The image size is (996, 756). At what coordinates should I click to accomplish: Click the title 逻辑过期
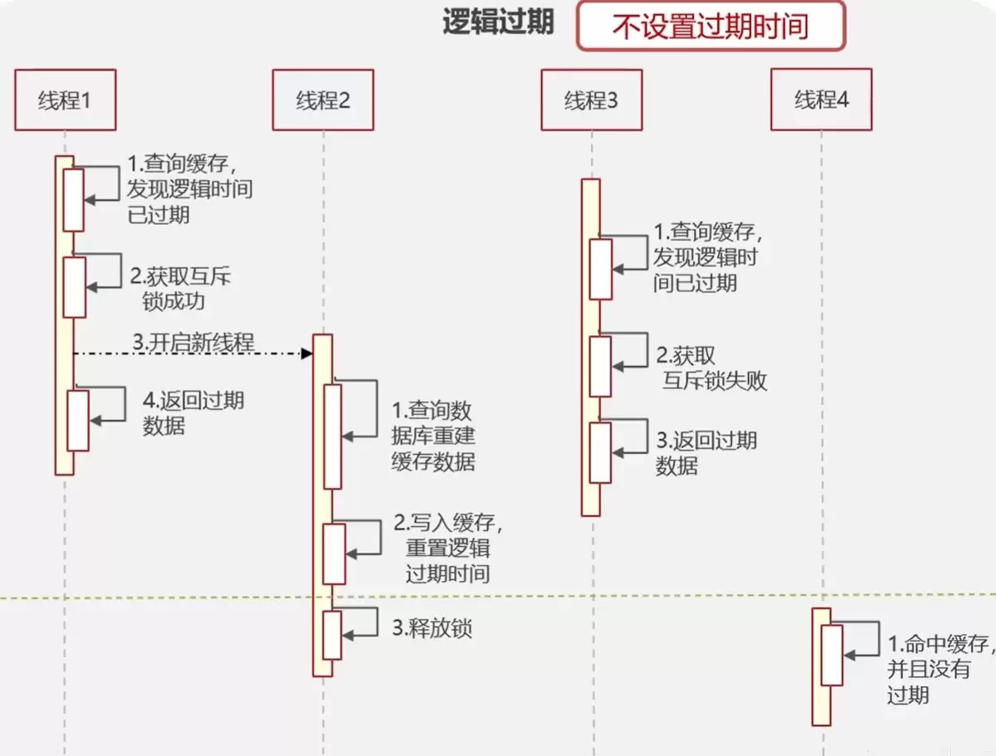[x=498, y=22]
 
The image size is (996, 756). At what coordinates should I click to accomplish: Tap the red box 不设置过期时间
[x=710, y=26]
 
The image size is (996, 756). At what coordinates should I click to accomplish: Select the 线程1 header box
[x=65, y=100]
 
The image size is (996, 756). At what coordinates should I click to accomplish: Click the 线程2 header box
[x=323, y=100]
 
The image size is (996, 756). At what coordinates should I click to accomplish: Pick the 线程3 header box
[x=591, y=100]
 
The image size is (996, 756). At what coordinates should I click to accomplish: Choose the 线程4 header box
[x=821, y=100]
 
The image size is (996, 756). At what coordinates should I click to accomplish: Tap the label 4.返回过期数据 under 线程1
[x=193, y=413]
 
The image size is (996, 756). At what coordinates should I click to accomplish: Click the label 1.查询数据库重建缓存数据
[x=432, y=436]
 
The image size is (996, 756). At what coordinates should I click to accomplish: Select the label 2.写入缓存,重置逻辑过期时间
[x=448, y=548]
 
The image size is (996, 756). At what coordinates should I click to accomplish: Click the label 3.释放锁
[x=432, y=628]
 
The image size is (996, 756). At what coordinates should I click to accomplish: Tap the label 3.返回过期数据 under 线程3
[x=706, y=452]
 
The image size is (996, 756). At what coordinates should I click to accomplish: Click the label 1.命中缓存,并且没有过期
[x=938, y=669]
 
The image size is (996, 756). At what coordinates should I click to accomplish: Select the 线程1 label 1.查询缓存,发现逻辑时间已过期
[x=189, y=188]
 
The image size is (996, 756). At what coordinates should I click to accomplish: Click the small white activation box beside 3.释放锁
[x=332, y=635]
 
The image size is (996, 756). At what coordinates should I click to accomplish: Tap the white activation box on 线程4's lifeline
[x=832, y=655]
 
